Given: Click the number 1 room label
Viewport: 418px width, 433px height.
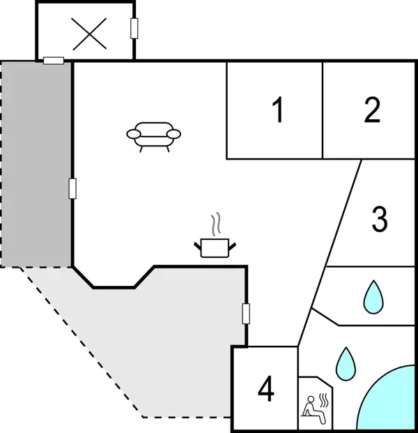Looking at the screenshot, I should (277, 110).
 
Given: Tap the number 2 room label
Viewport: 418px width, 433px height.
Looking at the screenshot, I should (372, 110).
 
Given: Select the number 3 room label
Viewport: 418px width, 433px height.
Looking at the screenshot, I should (379, 219).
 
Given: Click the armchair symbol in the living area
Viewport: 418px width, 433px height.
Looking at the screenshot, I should (153, 135).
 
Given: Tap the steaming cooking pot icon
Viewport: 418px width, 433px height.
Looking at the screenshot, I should (215, 245).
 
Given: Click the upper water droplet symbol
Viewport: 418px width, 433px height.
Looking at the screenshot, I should (373, 296).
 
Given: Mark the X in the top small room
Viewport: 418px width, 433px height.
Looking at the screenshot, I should (91, 33).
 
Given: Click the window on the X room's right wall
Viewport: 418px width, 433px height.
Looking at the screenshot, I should (134, 29).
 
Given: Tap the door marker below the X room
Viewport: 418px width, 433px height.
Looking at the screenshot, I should (54, 61).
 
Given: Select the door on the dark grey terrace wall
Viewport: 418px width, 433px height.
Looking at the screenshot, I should (72, 188).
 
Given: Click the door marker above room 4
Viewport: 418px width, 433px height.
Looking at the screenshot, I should (245, 314).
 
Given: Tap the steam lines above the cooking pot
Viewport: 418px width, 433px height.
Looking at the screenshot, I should (217, 225).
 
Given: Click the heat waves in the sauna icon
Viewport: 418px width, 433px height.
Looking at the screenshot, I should (323, 400).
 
